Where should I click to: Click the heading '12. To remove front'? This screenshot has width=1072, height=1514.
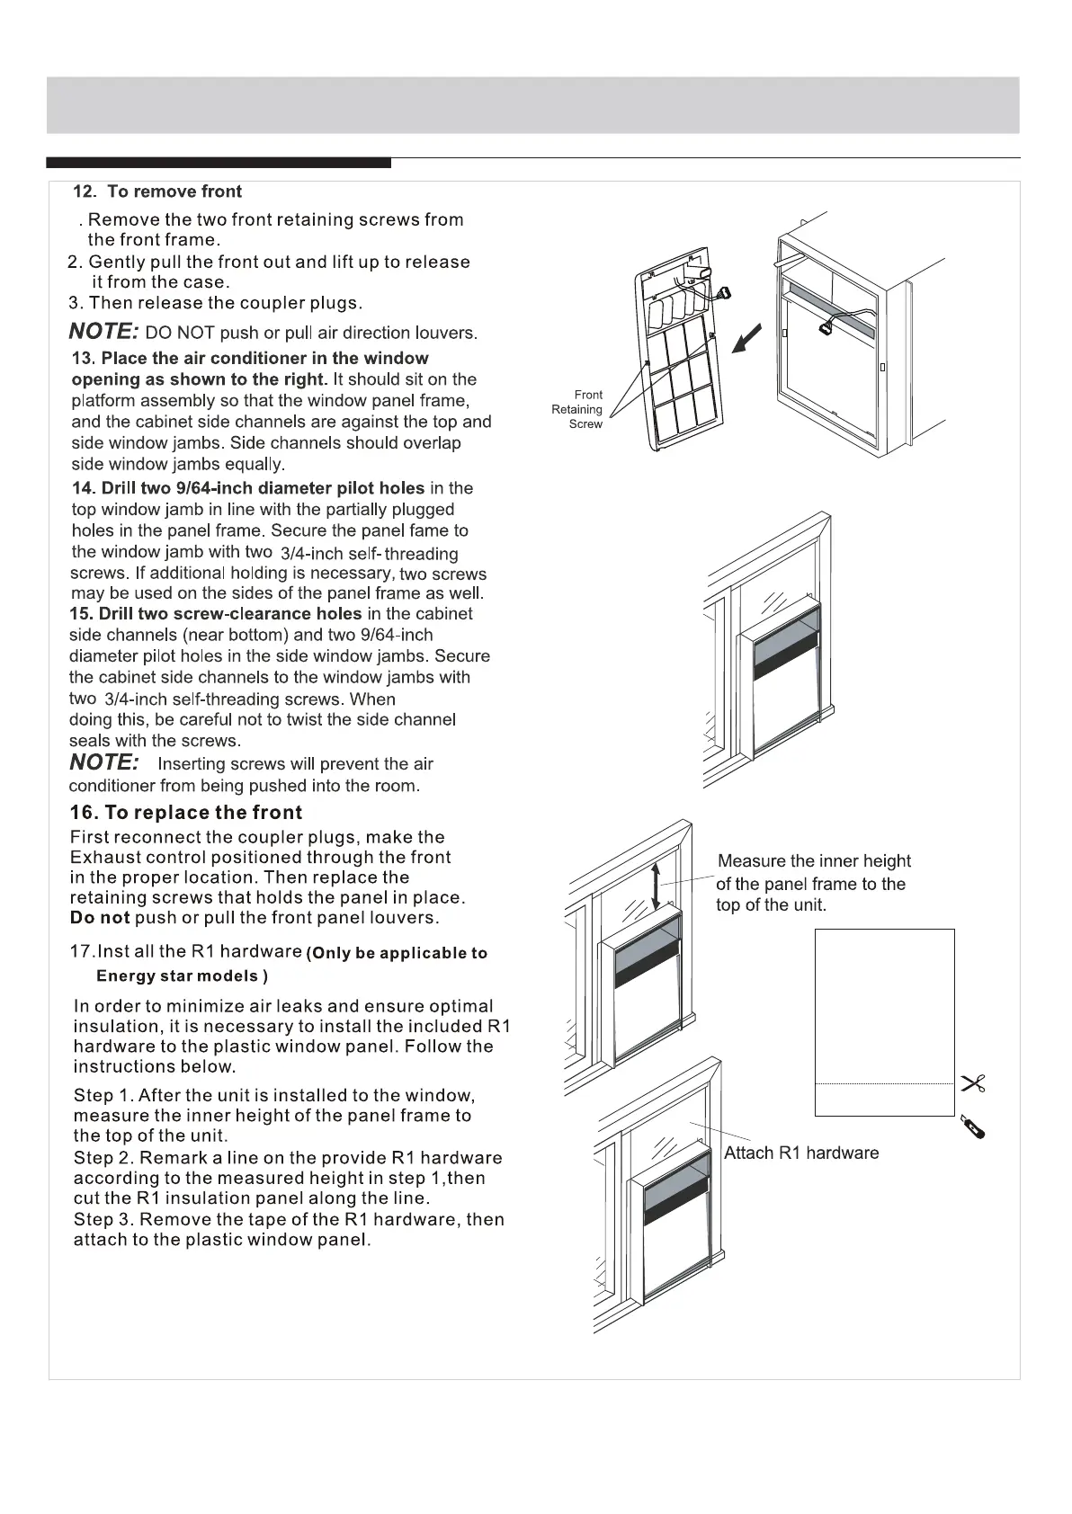(x=157, y=191)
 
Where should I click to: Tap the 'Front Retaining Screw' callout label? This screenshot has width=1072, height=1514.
(x=578, y=409)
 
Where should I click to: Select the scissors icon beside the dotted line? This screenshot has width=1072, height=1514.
(x=973, y=1083)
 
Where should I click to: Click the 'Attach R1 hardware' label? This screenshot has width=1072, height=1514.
(x=801, y=1153)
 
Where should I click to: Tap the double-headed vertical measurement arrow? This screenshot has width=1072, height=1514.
(x=657, y=883)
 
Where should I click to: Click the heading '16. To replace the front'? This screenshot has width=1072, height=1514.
(x=186, y=813)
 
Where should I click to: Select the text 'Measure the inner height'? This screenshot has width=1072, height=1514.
(x=814, y=861)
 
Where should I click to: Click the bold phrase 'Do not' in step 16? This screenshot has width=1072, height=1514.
(x=100, y=918)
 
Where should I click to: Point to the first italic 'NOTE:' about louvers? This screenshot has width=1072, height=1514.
(x=103, y=332)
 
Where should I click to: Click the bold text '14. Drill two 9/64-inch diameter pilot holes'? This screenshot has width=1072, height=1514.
(x=248, y=488)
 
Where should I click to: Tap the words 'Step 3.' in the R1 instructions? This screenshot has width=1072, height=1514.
(x=103, y=1219)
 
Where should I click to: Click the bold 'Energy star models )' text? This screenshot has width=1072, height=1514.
(x=183, y=976)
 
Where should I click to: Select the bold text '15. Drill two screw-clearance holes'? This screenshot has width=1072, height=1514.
(x=216, y=614)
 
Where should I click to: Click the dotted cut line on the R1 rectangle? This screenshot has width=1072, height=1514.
(x=884, y=1084)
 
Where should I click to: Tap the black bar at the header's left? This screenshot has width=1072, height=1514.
(x=219, y=163)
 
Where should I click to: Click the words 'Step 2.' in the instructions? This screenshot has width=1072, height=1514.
(x=103, y=1158)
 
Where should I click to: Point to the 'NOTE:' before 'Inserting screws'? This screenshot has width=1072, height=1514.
(x=104, y=762)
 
